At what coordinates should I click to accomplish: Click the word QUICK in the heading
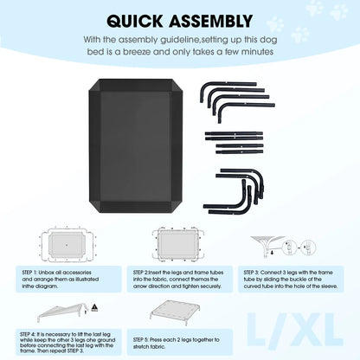point(135,21)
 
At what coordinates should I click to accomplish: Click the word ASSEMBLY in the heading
point(211,21)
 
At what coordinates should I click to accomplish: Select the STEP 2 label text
point(140,273)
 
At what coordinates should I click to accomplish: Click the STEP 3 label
point(251,273)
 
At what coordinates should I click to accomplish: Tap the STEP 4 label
point(27,334)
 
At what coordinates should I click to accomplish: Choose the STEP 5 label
point(140,340)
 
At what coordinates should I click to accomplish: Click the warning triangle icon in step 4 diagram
point(94,308)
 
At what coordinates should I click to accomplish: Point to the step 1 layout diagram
point(67,245)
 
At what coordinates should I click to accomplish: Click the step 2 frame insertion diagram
point(178,245)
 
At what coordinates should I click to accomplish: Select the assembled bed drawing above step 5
point(175,312)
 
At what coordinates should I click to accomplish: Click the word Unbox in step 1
point(46,273)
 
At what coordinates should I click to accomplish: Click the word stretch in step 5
point(141,347)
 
